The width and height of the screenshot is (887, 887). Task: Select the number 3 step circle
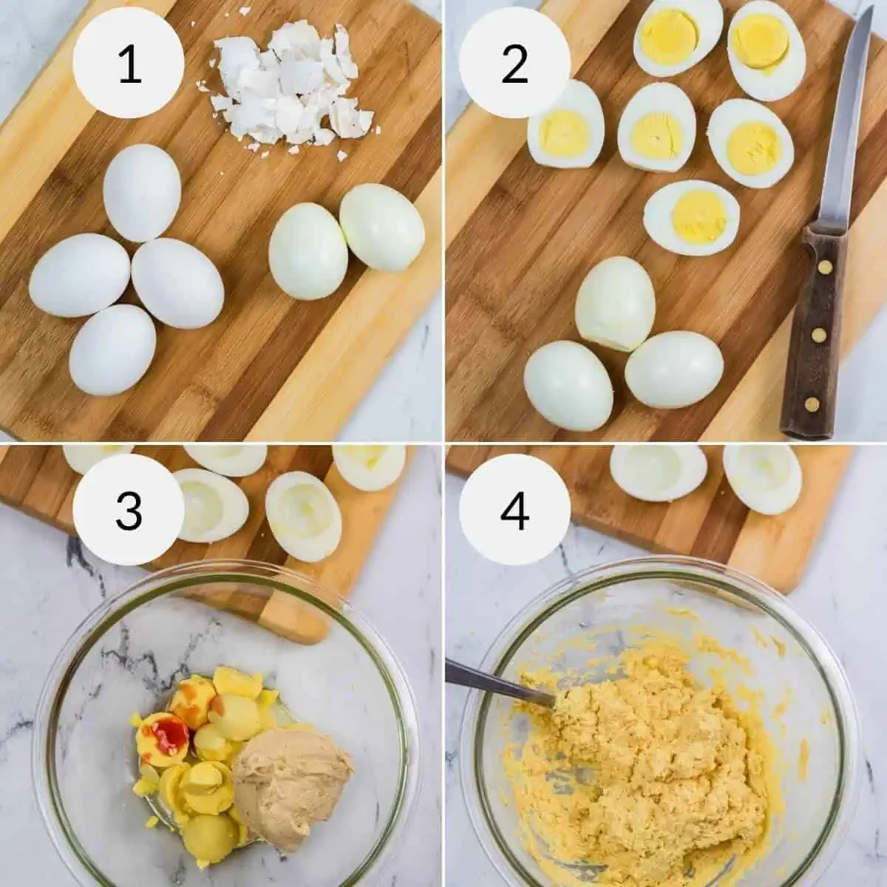click(129, 510)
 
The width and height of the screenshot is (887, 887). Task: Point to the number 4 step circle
click(514, 510)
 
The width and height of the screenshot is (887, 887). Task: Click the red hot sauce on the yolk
click(170, 732)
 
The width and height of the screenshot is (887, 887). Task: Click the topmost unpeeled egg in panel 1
click(142, 192)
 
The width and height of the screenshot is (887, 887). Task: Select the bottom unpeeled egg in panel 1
click(112, 349)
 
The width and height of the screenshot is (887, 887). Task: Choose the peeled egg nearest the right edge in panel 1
click(381, 227)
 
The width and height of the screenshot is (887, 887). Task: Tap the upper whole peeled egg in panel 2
click(615, 303)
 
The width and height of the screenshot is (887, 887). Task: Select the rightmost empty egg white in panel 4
click(761, 477)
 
